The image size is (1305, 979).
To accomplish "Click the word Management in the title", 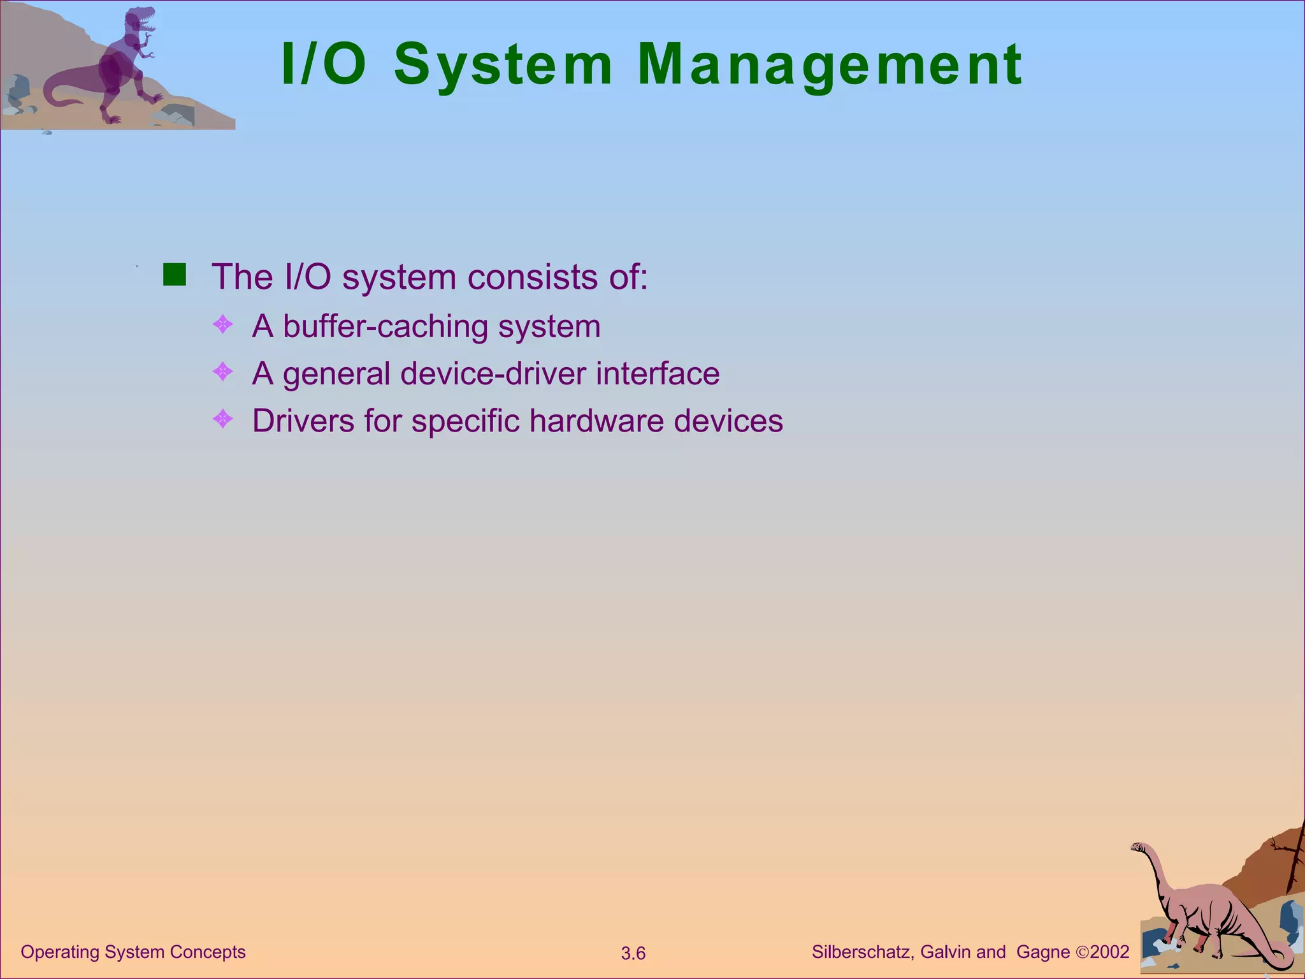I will [830, 65].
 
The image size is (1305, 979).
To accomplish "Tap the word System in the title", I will [503, 65].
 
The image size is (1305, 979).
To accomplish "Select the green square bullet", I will [174, 275].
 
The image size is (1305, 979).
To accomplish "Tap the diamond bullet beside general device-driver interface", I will [223, 372].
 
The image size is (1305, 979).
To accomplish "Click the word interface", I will [658, 373].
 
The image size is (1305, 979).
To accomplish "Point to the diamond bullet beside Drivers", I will [223, 419].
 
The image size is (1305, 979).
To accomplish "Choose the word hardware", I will [596, 421].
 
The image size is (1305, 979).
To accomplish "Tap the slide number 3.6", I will [633, 954].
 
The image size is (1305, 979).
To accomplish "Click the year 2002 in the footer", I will [1109, 952].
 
